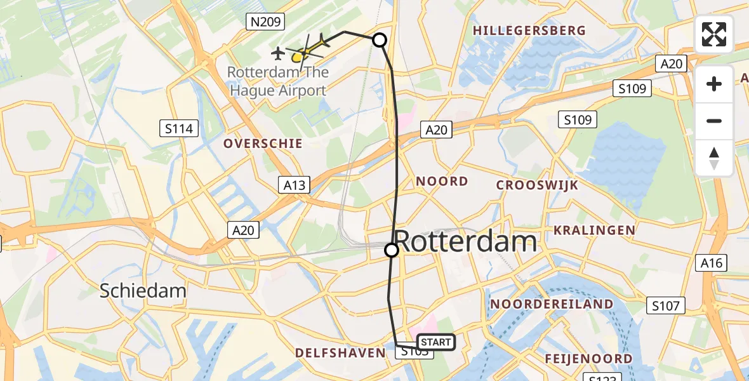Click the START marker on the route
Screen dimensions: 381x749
[x=436, y=342]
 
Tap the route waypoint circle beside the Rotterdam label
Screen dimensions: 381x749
[x=392, y=250]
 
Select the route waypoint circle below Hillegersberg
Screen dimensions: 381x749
[x=379, y=41]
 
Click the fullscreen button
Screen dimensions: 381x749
[x=714, y=34]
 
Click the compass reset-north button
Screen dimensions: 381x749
[x=714, y=158]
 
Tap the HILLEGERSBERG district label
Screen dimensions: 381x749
[x=529, y=30]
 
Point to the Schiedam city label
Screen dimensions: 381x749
[x=143, y=291]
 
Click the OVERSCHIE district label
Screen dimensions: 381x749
[x=263, y=144]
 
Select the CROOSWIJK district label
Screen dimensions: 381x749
[x=537, y=185]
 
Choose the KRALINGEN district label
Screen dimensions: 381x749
[x=595, y=230]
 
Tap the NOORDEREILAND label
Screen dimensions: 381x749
[x=552, y=304]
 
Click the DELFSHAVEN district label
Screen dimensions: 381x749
[x=340, y=352]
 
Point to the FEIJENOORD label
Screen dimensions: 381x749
[x=588, y=359]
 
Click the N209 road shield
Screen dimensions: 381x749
[x=265, y=22]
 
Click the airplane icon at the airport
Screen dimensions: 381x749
[x=278, y=52]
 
